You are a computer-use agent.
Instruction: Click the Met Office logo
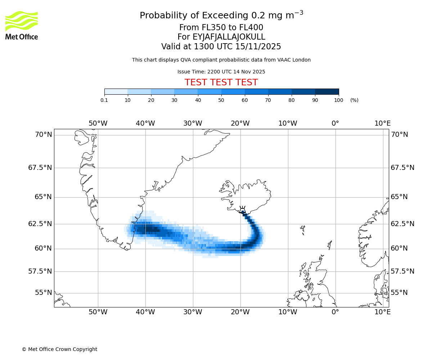point(22,25)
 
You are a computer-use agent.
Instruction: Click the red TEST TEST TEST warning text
point(221,82)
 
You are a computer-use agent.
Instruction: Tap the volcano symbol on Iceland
point(242,210)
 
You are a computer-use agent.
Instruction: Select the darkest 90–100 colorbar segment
point(327,92)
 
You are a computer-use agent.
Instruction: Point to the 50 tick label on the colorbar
point(221,100)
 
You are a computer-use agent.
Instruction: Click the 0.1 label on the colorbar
point(104,100)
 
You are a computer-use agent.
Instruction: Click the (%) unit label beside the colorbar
point(354,100)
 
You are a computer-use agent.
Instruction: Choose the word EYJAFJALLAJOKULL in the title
point(229,37)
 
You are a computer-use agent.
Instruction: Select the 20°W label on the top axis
point(240,123)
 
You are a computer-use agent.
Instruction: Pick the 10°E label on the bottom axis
point(382,312)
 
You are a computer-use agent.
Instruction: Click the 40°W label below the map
point(145,312)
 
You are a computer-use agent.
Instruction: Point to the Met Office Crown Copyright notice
point(59,349)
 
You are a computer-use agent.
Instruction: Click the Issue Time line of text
point(221,72)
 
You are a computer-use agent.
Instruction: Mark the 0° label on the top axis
point(335,123)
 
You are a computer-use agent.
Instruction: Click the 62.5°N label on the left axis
point(40,224)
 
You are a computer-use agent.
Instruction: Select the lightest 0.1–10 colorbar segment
point(116,92)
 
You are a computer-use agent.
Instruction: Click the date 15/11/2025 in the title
point(258,47)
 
